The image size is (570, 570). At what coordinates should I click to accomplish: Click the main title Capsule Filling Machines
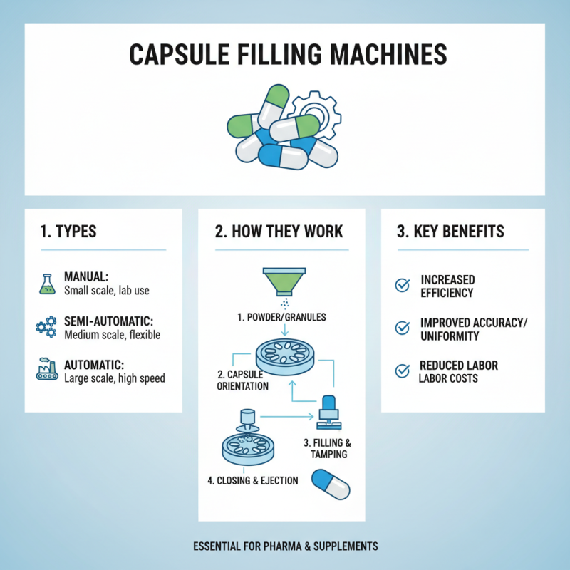tap(285, 56)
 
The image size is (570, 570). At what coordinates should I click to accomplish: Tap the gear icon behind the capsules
tap(313, 114)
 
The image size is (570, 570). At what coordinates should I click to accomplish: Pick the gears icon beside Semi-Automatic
tap(45, 327)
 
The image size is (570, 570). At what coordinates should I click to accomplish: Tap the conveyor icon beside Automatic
tap(45, 370)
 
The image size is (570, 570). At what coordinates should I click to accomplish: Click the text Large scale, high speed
tap(114, 378)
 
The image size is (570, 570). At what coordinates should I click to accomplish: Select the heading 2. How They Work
tap(279, 232)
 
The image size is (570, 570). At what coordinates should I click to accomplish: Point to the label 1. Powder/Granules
tap(281, 316)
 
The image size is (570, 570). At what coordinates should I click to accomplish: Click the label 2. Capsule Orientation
tap(242, 380)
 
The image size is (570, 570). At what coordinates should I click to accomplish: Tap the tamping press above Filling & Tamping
tap(328, 413)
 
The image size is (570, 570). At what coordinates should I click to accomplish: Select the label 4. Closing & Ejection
tap(253, 480)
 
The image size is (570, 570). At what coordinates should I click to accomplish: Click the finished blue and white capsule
tap(332, 484)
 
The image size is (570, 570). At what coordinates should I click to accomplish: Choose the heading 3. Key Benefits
tap(450, 232)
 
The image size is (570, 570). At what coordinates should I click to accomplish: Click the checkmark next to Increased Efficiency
tap(403, 286)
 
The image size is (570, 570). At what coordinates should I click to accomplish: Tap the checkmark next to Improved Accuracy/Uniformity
tap(403, 328)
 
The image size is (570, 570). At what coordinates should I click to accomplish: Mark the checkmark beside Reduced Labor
tap(403, 370)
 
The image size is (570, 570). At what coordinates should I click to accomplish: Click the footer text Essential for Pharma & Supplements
tap(285, 546)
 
